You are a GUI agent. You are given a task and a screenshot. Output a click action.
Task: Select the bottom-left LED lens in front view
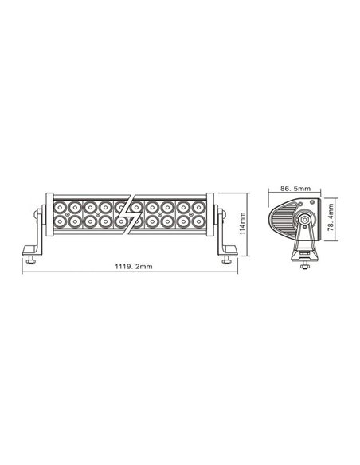60,220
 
